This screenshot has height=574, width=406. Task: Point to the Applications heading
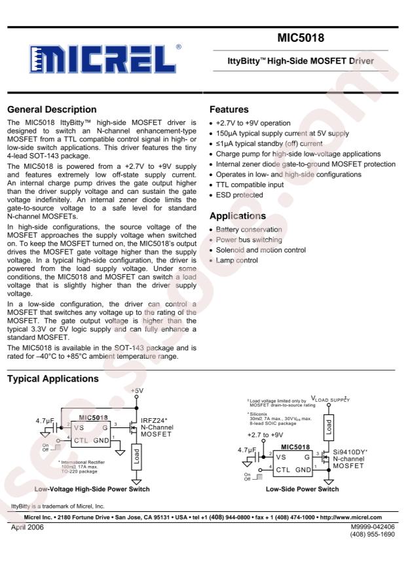(x=238, y=215)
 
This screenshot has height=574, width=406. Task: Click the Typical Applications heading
(x=53, y=379)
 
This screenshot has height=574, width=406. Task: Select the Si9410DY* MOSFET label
(x=350, y=452)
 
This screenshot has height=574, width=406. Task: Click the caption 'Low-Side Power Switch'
(x=302, y=489)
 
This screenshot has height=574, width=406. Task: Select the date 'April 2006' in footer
(x=29, y=526)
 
